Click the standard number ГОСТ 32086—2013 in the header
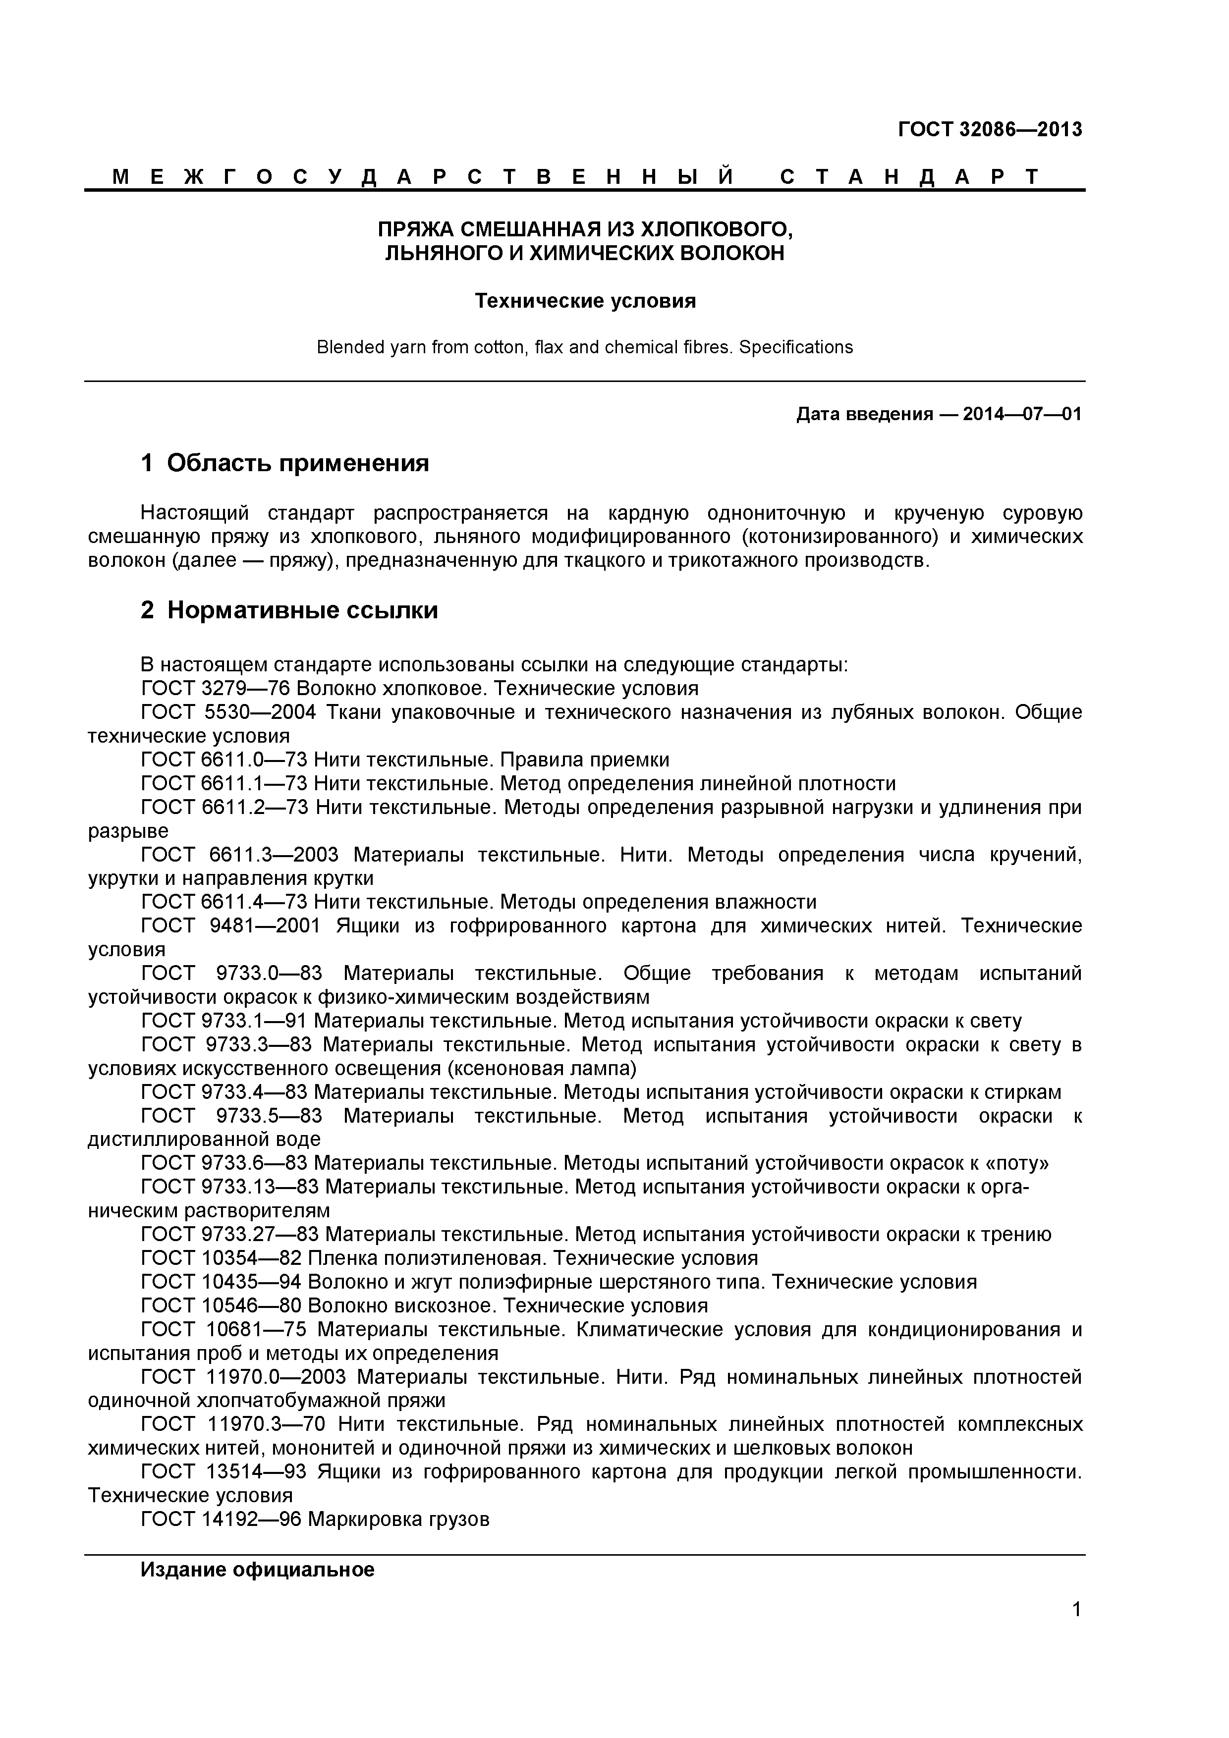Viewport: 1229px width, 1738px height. (990, 129)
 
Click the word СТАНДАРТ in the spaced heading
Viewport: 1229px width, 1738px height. (909, 177)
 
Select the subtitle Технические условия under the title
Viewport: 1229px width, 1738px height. (585, 301)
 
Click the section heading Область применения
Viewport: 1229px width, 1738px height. (298, 463)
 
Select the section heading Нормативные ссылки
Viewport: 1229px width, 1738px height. (302, 609)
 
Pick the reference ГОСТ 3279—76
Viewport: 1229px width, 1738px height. (216, 688)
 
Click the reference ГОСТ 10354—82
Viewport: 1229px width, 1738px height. (221, 1258)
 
